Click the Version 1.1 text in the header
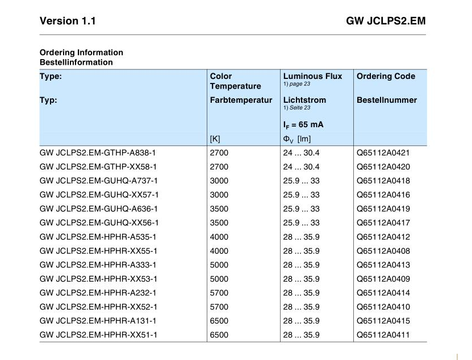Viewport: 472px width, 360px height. pyautogui.click(x=68, y=21)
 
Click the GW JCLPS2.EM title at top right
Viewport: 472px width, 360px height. pyautogui.click(x=386, y=21)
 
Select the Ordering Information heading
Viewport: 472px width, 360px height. pyautogui.click(x=81, y=52)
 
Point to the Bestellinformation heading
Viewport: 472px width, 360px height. pyautogui.click(x=76, y=62)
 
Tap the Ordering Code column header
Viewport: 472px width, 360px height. pyautogui.click(x=386, y=76)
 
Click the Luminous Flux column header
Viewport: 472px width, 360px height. pyautogui.click(x=312, y=76)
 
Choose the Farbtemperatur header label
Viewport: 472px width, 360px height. pyautogui.click(x=241, y=100)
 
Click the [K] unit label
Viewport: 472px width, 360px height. pyautogui.click(x=215, y=139)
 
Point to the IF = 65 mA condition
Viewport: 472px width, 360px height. pyautogui.click(x=303, y=125)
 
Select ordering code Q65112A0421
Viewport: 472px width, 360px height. pyautogui.click(x=383, y=153)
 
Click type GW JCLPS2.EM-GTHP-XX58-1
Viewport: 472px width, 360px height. pyautogui.click(x=98, y=167)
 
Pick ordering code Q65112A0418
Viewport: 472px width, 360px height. pyautogui.click(x=383, y=181)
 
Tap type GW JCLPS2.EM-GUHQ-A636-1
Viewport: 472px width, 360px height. pyautogui.click(x=98, y=209)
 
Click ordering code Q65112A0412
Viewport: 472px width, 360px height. pyautogui.click(x=383, y=237)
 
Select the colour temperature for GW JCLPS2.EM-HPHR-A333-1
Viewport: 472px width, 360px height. pyautogui.click(x=219, y=265)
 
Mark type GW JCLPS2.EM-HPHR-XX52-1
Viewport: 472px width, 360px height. pyautogui.click(x=98, y=307)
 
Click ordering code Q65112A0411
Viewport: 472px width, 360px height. pyautogui.click(x=383, y=335)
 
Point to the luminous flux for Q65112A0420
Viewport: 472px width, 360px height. pyautogui.click(x=301, y=167)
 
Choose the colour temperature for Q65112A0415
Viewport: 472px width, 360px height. pyautogui.click(x=219, y=321)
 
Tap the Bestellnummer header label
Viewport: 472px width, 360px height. pyautogui.click(x=386, y=100)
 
